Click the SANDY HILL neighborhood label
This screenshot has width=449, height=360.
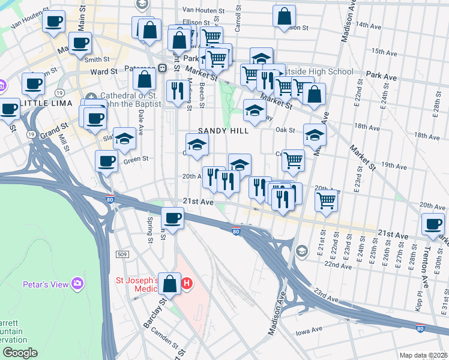224,131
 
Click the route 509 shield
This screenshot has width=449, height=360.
122,255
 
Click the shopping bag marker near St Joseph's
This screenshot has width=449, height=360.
170,284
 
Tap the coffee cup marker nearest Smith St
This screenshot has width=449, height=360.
80,44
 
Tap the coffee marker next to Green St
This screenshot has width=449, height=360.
106,161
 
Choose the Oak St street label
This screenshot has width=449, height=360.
286,130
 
